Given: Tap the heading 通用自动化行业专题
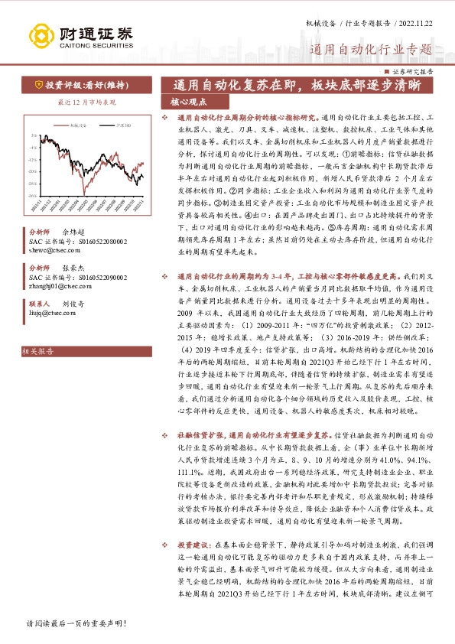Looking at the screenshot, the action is [x=371, y=50].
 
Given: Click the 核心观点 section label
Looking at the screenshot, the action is [x=188, y=100].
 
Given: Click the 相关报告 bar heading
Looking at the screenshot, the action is [x=38, y=351].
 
